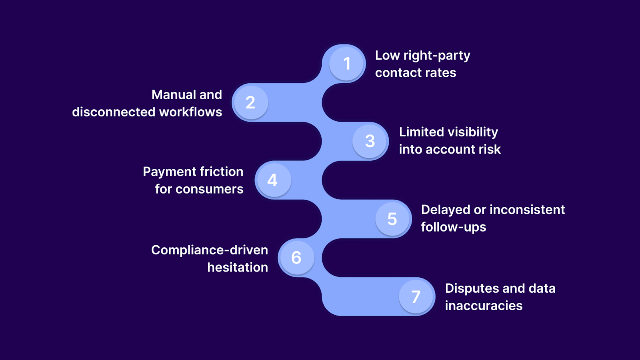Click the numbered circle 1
[x=347, y=64]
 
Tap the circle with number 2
[x=251, y=102]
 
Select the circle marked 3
[x=370, y=141]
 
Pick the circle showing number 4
[x=273, y=180]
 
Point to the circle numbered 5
[x=392, y=219]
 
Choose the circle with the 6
[x=296, y=258]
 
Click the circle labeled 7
[x=416, y=296]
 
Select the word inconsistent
[x=527, y=210]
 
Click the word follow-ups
[x=454, y=227]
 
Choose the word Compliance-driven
[x=210, y=250]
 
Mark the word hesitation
[x=238, y=267]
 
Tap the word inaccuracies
[x=484, y=306]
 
